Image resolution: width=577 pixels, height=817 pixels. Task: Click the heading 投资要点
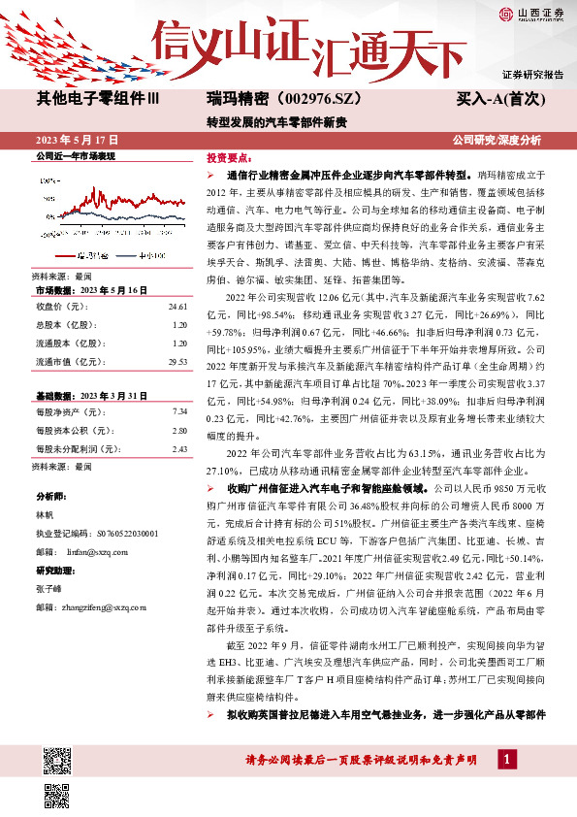230,156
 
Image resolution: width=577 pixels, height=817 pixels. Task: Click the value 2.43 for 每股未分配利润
178,449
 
